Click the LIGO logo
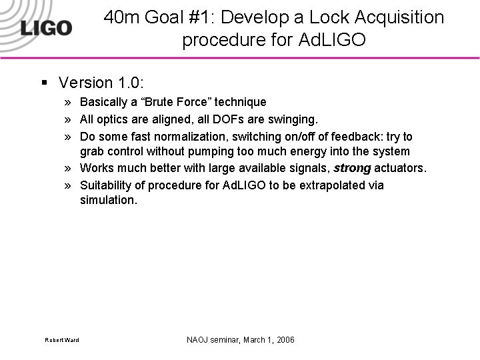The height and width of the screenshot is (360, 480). (45, 27)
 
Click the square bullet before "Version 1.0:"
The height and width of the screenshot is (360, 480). (43, 83)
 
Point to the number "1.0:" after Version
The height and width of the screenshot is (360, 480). (131, 83)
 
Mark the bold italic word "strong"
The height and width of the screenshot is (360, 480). (352, 168)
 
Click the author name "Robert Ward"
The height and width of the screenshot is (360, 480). (62, 341)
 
